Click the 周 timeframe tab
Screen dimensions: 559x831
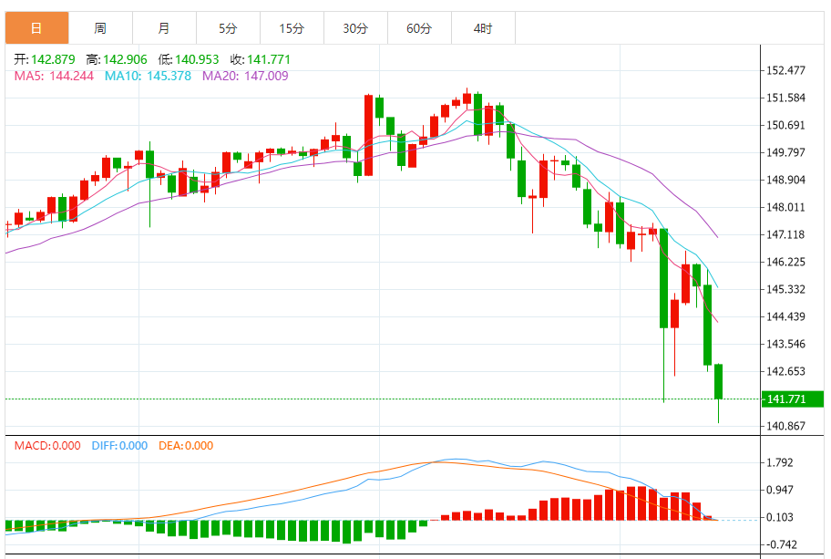pos(100,28)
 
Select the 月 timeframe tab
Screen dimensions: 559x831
pos(164,28)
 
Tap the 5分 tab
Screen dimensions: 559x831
pos(228,28)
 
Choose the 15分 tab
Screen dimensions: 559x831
pos(292,28)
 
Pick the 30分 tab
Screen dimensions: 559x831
pos(355,28)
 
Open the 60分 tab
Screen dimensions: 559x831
pos(419,28)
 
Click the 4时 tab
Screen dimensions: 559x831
pos(483,28)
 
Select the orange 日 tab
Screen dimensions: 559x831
pos(36,28)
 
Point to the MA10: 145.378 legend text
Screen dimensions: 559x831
pos(148,76)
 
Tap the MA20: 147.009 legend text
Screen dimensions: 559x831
pos(245,76)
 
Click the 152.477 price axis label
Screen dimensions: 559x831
pos(786,70)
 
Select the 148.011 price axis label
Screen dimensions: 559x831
pos(786,207)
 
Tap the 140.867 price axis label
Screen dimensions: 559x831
pos(786,426)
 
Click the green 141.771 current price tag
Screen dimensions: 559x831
pos(792,399)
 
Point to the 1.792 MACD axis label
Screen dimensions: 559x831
pos(783,462)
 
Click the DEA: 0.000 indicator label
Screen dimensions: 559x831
pos(186,446)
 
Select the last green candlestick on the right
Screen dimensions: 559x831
pos(719,381)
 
